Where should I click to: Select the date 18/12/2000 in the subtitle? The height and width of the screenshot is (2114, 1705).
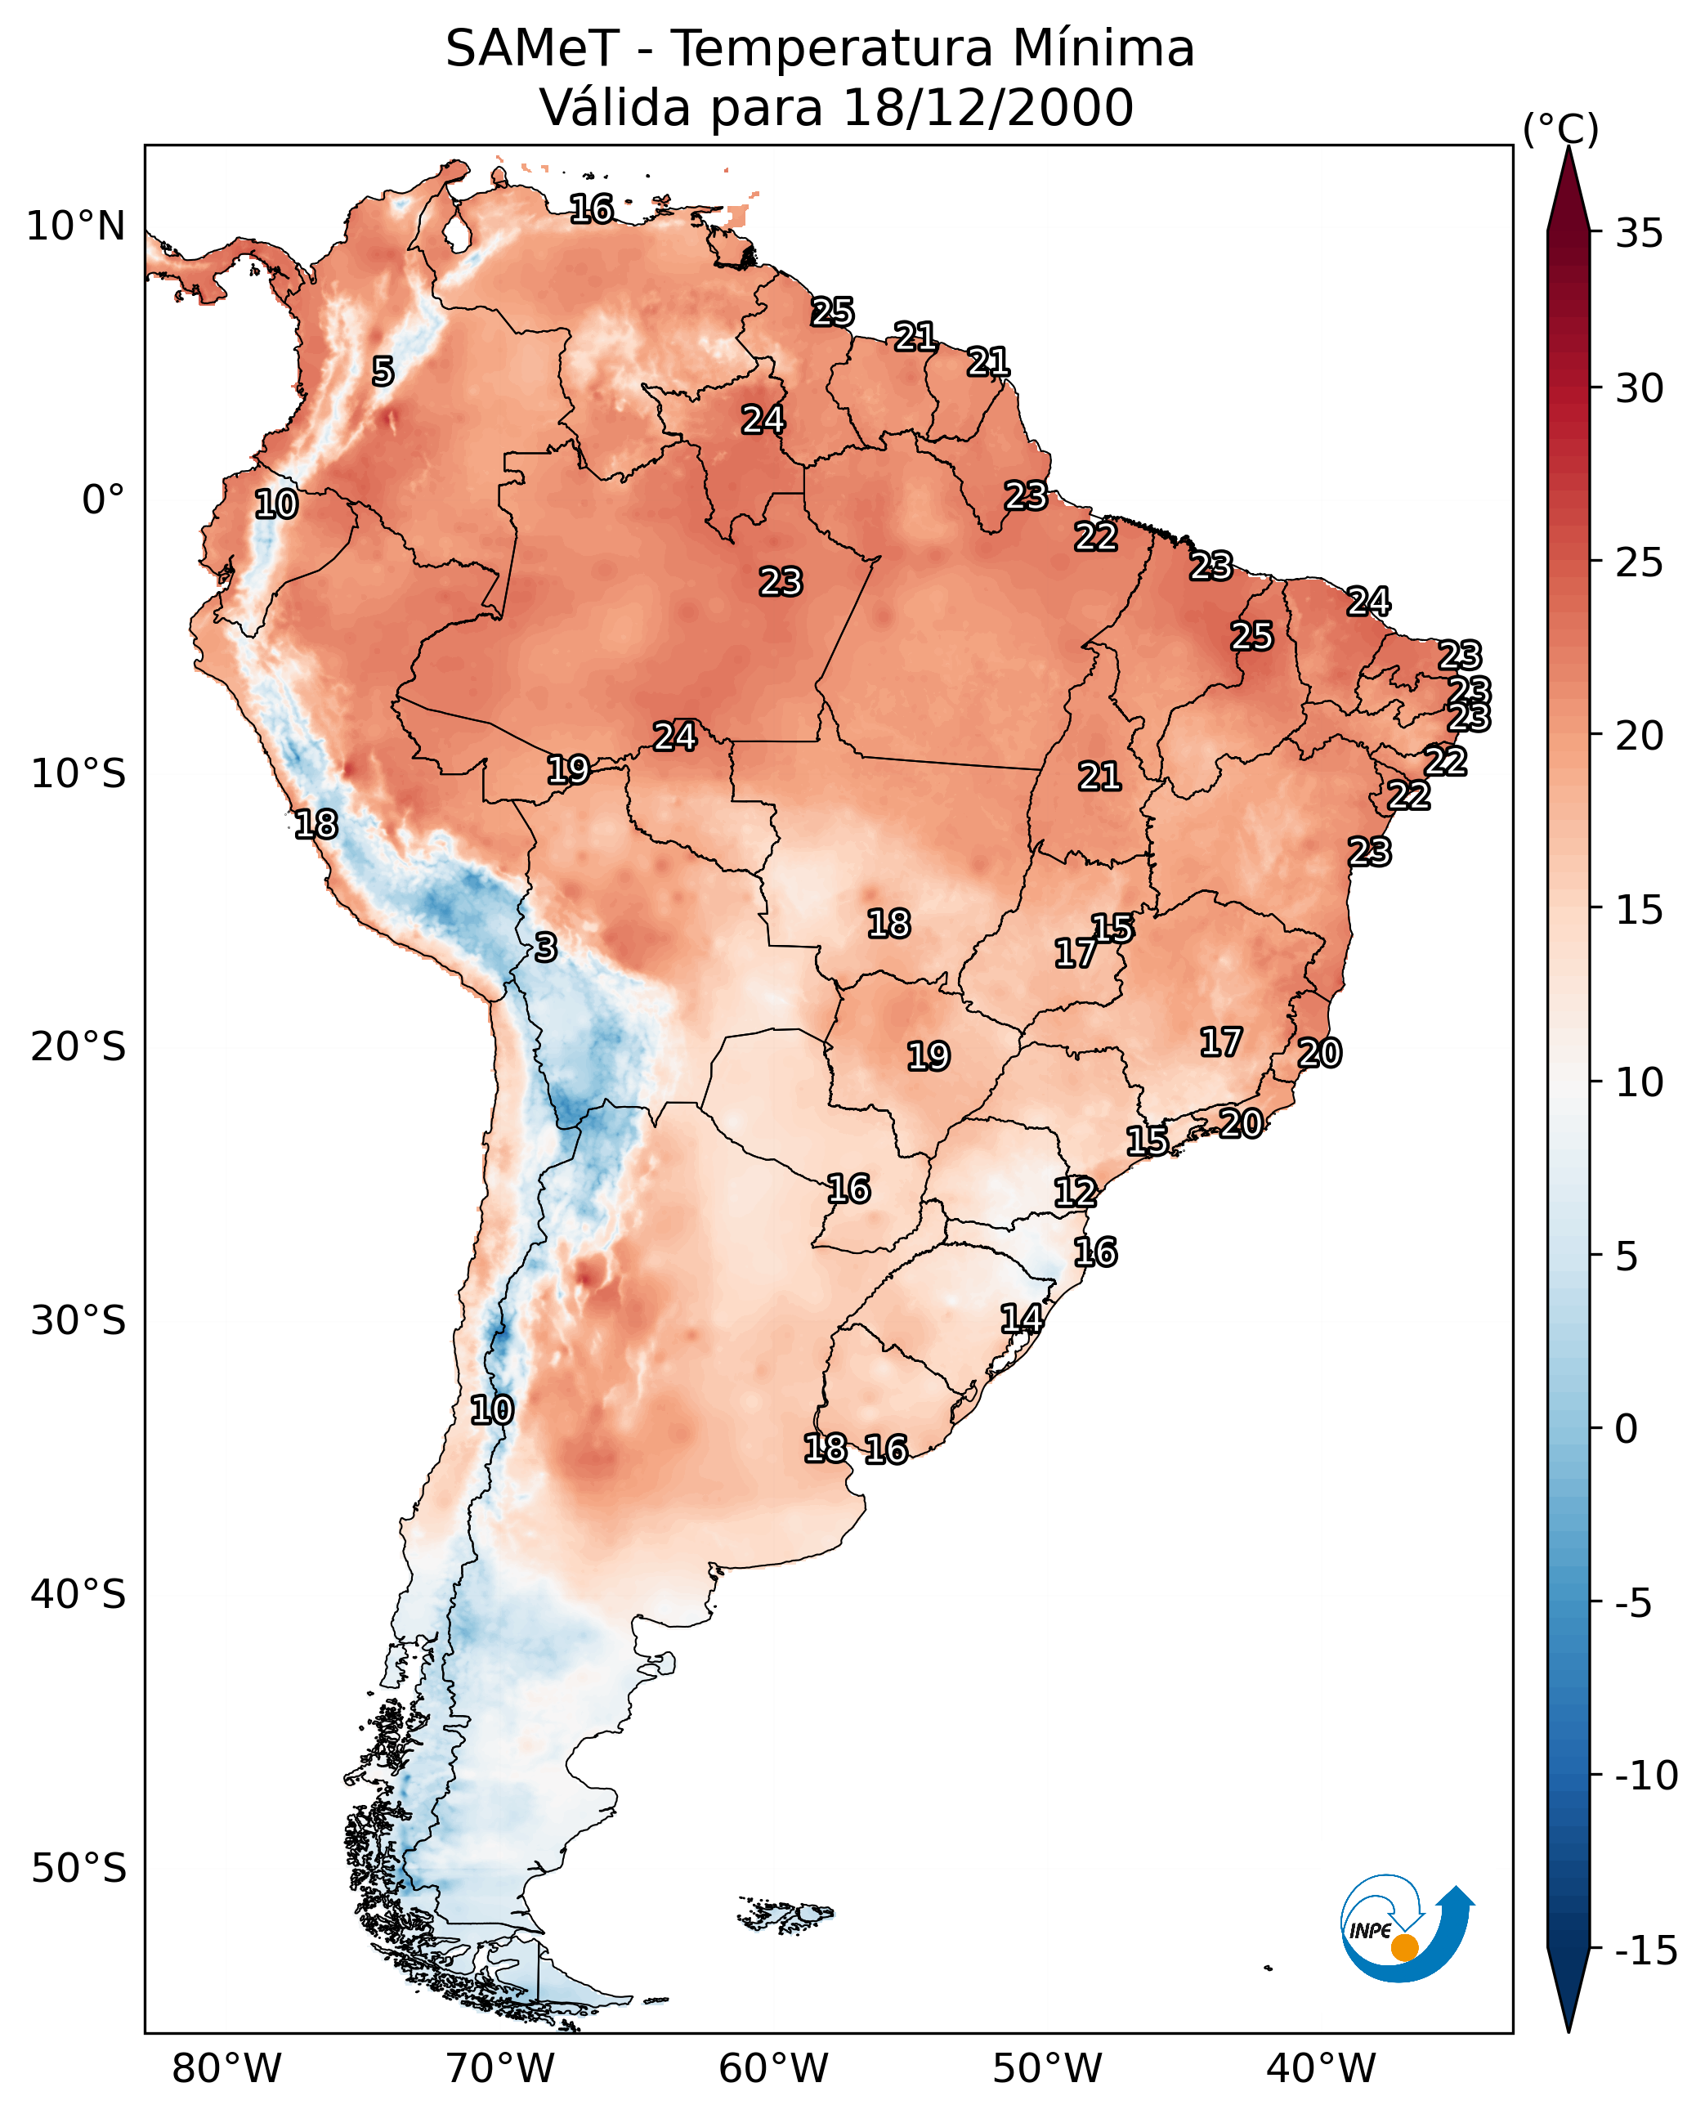[988, 107]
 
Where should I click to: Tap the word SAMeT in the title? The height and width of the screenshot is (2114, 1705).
[533, 48]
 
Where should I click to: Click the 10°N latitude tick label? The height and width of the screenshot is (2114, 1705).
[76, 227]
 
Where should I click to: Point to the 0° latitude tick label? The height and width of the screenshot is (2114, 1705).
[103, 500]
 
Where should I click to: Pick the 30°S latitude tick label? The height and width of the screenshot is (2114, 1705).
[78, 1321]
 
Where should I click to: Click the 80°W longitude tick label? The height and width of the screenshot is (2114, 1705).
[227, 2069]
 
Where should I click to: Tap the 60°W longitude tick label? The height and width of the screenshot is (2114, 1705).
[774, 2069]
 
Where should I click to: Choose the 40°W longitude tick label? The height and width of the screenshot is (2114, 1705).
[1321, 2069]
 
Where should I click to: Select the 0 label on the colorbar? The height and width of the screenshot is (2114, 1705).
[1627, 1429]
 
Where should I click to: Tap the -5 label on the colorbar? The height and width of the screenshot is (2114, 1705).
[1634, 1604]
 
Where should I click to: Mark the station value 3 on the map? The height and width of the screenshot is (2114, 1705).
[546, 947]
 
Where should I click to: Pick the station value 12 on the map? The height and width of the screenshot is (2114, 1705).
[1076, 1193]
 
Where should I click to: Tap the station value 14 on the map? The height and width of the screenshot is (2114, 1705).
[1022, 1319]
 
